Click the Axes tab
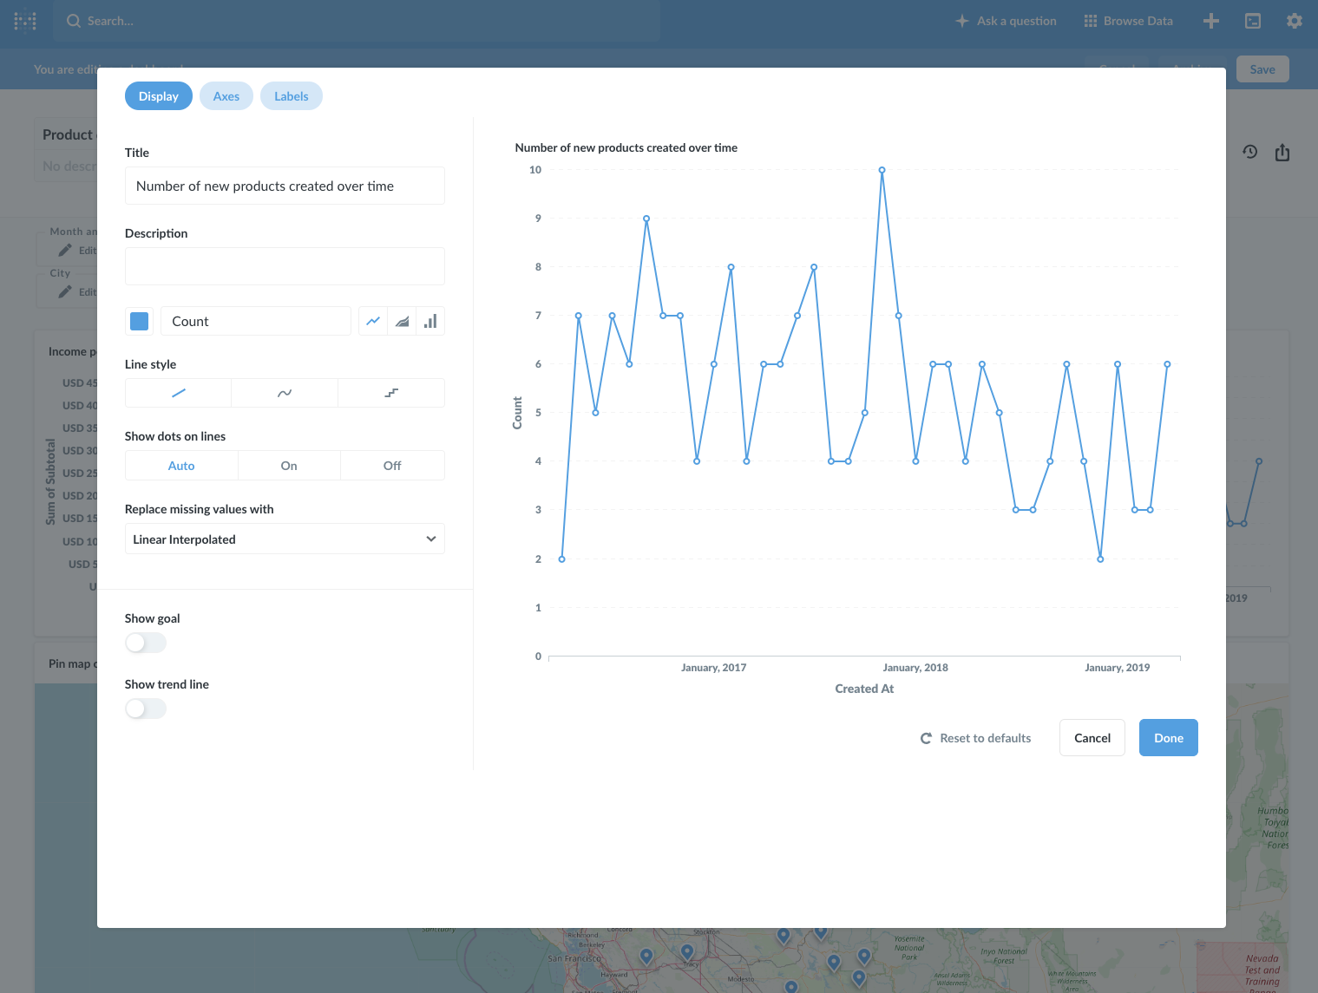[226, 96]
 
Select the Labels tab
[292, 96]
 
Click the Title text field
[285, 186]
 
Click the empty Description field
[285, 266]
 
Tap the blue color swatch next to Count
[139, 321]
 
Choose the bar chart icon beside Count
[430, 321]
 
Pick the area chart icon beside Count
[402, 321]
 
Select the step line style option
[391, 393]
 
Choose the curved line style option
[285, 393]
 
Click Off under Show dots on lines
[392, 466]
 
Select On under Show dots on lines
[289, 466]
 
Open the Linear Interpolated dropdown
[285, 539]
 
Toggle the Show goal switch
[146, 643]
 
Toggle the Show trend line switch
[146, 709]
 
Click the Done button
[1168, 738]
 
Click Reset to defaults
[976, 738]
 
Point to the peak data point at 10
[882, 171]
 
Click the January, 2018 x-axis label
[915, 668]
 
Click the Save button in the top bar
[1262, 69]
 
